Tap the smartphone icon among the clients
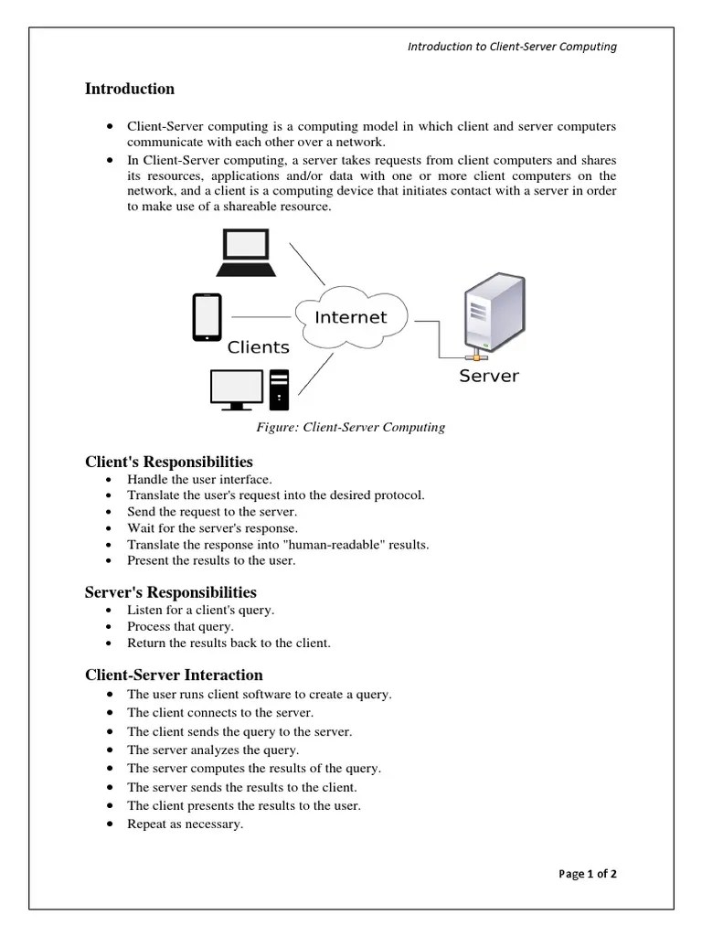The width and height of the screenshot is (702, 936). click(207, 317)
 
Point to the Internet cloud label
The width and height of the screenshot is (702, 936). click(350, 318)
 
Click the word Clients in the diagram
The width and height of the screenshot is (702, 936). click(258, 347)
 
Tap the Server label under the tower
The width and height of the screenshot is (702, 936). click(488, 376)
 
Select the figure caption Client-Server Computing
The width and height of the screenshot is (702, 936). click(351, 427)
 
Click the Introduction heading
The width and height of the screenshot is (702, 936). click(130, 89)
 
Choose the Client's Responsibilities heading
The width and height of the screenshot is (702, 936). click(169, 462)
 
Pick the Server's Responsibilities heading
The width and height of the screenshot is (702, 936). click(171, 592)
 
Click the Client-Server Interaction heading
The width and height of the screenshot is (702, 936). click(174, 675)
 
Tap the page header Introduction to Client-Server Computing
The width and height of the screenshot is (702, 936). click(512, 47)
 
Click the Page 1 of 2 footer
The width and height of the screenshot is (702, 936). click(588, 874)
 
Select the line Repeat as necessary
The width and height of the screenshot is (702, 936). click(185, 824)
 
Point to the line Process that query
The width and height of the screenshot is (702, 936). click(180, 626)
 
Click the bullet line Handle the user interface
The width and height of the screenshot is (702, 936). click(199, 479)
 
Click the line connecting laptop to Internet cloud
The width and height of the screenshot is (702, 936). click(307, 264)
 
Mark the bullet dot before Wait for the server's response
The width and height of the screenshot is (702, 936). click(111, 528)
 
